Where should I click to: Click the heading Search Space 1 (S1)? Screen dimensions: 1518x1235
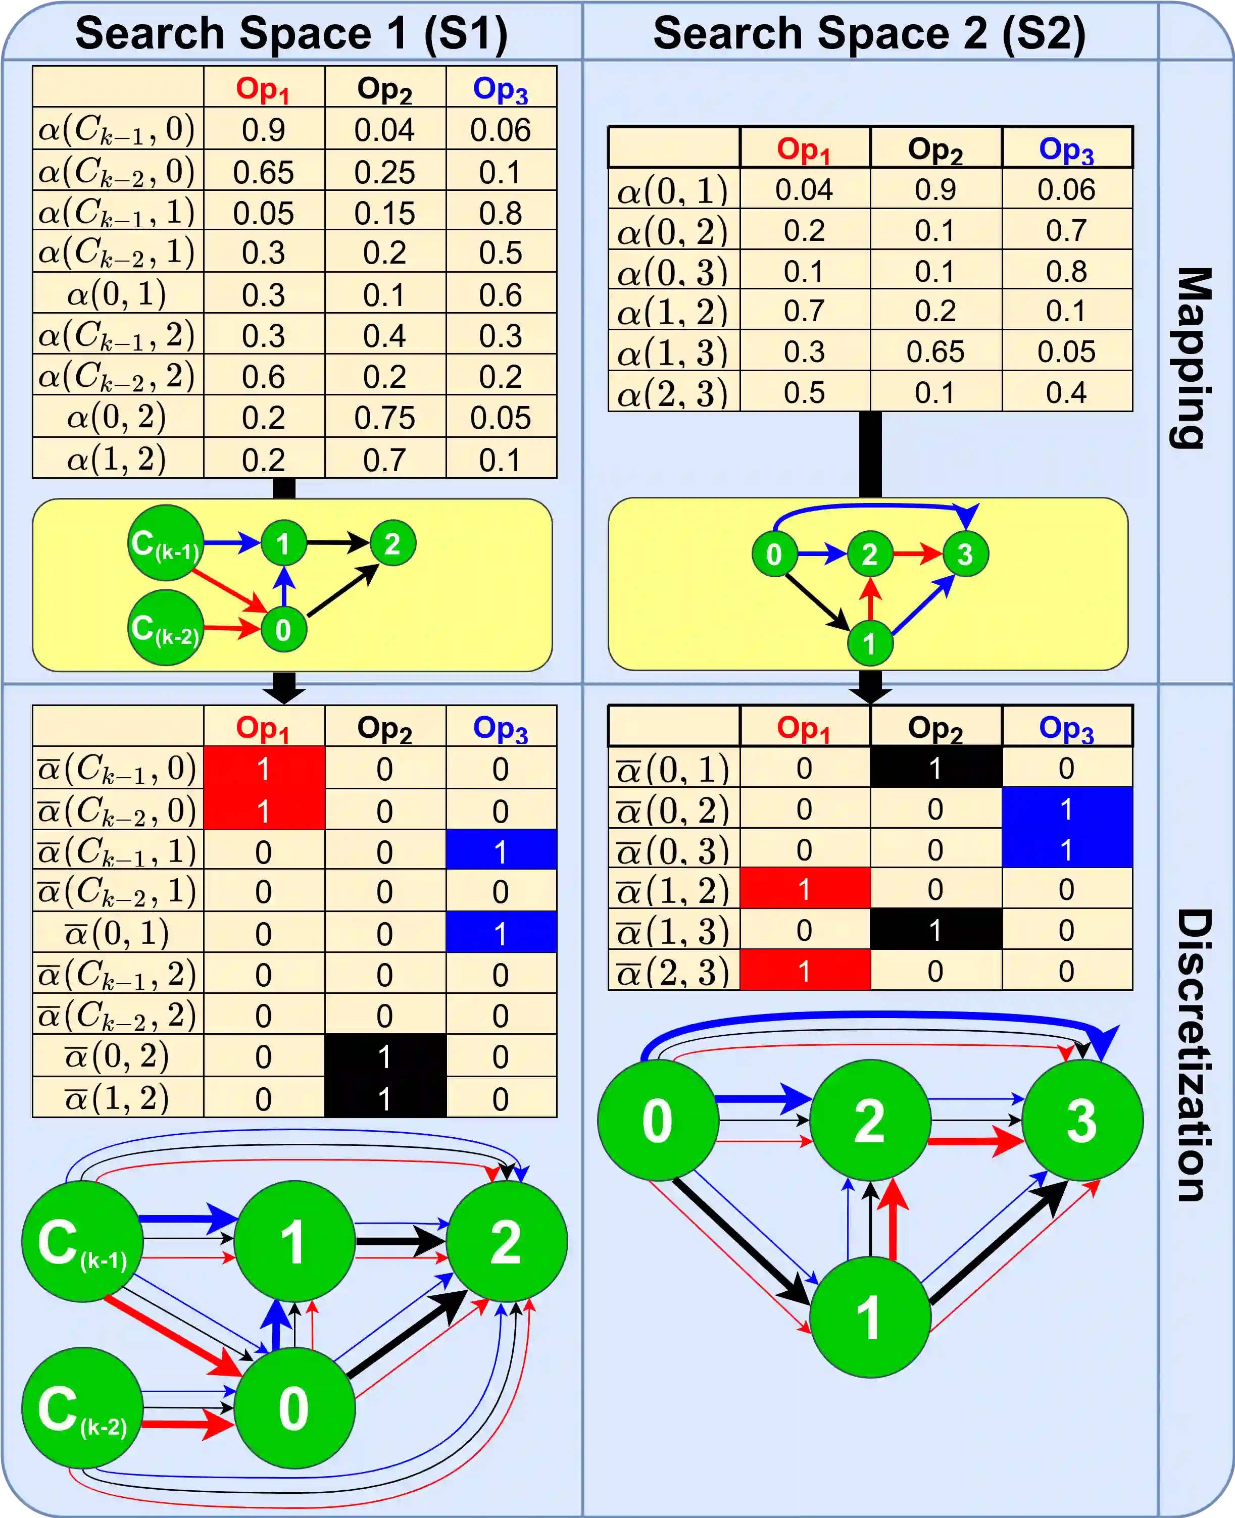click(x=291, y=33)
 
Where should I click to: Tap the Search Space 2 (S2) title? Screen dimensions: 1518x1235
click(x=869, y=33)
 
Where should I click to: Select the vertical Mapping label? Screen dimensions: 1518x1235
click(x=1192, y=358)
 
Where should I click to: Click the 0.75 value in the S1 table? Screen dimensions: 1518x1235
click(x=384, y=418)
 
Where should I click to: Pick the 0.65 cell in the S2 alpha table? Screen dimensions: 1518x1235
click(x=935, y=352)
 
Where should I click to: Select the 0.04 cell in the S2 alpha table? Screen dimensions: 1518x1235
click(x=804, y=190)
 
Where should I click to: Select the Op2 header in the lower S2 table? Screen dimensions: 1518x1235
click(x=935, y=728)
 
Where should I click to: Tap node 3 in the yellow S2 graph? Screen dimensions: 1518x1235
click(x=965, y=554)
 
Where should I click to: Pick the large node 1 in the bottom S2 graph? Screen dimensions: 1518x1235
click(x=869, y=1317)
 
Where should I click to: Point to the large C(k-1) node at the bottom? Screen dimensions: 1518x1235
click(x=82, y=1242)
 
